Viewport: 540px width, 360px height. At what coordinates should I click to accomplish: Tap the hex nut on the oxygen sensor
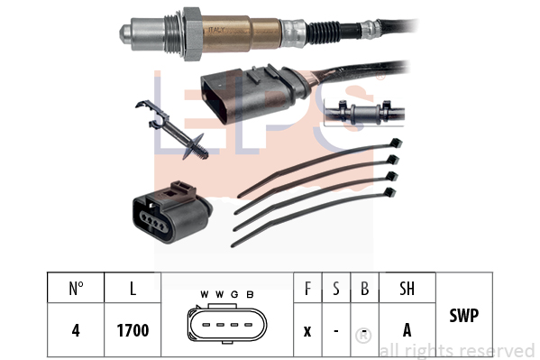[x=192, y=33]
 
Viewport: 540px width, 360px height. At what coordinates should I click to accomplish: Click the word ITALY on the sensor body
[x=216, y=30]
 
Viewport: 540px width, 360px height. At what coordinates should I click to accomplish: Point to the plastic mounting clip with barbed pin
[x=171, y=130]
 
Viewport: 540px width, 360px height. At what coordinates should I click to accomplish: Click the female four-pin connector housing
[x=172, y=213]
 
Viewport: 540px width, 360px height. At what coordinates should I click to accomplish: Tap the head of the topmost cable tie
[x=396, y=143]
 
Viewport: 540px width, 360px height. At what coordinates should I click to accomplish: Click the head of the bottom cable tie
[x=389, y=192]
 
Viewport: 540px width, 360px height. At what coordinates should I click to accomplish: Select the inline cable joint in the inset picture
[x=364, y=113]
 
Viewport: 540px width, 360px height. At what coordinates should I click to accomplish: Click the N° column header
[x=76, y=289]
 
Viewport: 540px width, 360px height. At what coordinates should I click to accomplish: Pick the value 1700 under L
[x=133, y=330]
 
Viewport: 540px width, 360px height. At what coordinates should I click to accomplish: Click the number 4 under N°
[x=76, y=330]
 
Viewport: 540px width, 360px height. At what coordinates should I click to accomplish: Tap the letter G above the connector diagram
[x=234, y=294]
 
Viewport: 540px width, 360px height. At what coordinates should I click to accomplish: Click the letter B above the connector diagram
[x=250, y=294]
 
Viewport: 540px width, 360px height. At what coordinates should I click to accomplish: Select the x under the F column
[x=307, y=331]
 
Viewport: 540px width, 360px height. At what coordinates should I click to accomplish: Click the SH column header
[x=407, y=289]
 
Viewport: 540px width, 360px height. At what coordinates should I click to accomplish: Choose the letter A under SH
[x=407, y=330]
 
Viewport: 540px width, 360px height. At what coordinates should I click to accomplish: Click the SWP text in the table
[x=464, y=315]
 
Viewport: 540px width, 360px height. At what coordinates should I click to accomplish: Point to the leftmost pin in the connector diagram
[x=206, y=325]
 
